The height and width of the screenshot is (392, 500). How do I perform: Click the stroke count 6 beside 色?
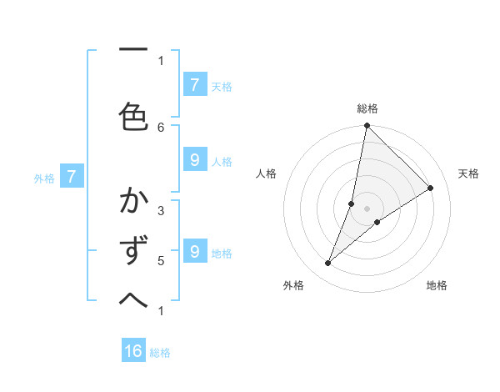[x=162, y=127]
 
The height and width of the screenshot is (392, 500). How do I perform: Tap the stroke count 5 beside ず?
[x=161, y=260]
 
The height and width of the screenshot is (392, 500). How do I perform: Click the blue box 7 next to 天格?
[x=194, y=84]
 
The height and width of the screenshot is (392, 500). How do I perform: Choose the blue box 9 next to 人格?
[x=194, y=159]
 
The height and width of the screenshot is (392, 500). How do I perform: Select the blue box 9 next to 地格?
[x=194, y=251]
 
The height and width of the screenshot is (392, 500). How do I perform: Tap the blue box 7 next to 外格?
[x=72, y=177]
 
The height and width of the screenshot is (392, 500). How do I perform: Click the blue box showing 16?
[x=133, y=351]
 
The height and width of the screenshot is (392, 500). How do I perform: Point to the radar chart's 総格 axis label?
[x=367, y=108]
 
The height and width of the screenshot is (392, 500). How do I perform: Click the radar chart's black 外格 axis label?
[x=293, y=285]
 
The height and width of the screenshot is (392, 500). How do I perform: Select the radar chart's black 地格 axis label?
[x=437, y=285]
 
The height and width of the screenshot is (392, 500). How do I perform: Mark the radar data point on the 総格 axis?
[x=367, y=126]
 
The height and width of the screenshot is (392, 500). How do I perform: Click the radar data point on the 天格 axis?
[x=431, y=188]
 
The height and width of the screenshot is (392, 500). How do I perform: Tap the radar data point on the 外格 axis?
[x=328, y=264]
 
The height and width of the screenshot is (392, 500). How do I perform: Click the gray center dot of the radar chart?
[x=367, y=208]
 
